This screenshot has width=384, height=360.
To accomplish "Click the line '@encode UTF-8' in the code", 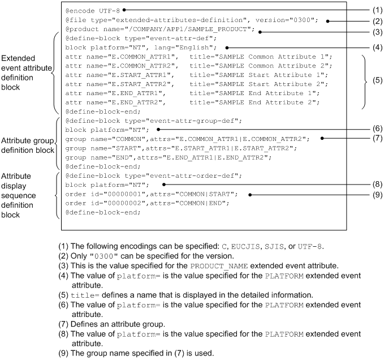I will coord(93,10).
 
